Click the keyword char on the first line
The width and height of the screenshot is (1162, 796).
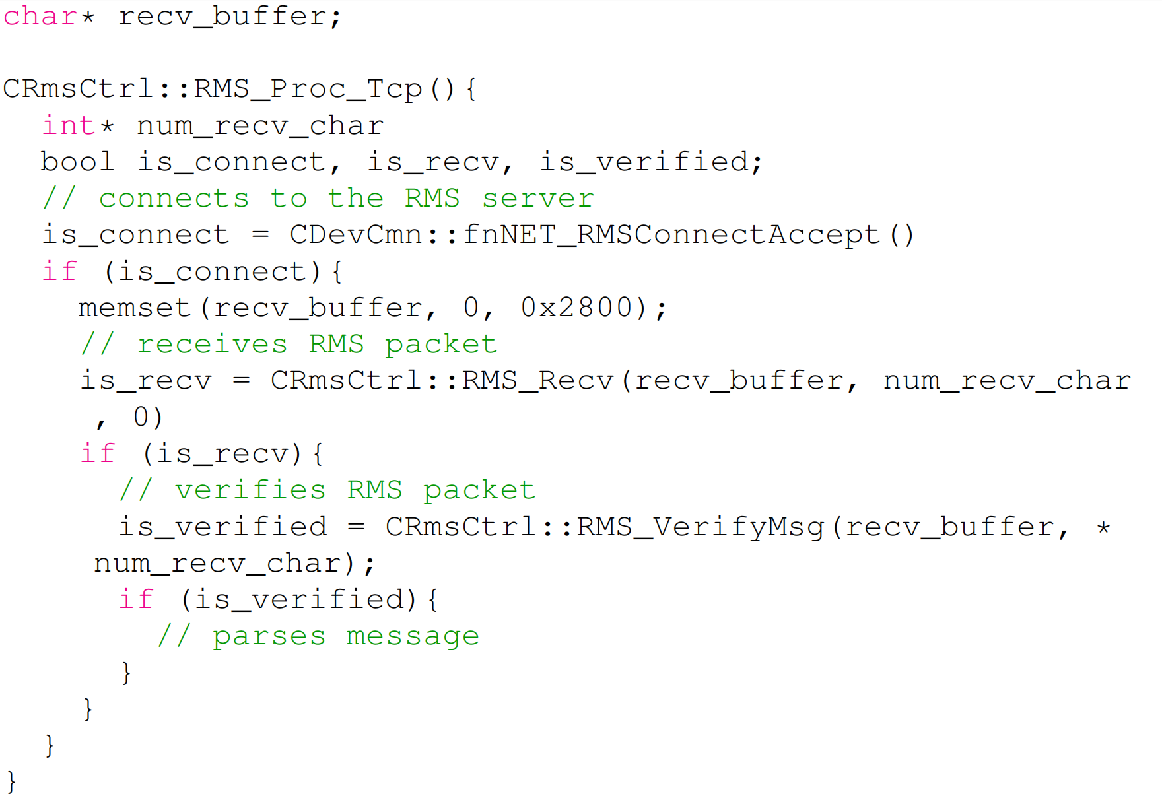click(40, 17)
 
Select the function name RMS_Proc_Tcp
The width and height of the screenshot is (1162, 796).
click(308, 89)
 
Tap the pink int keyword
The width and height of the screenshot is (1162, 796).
click(69, 125)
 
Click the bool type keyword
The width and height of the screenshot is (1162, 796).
click(77, 162)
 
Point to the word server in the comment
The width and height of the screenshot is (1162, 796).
click(537, 199)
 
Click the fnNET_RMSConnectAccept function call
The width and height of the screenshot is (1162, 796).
click(671, 235)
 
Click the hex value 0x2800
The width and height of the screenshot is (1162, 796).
click(576, 308)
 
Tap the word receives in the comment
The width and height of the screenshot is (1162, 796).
click(212, 345)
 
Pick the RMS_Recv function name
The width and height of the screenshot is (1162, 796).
click(537, 381)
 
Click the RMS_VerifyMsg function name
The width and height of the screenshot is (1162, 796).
click(700, 527)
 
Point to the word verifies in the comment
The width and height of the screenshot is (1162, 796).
click(250, 490)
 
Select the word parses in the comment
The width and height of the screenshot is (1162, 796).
click(269, 636)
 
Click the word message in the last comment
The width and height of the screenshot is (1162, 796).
click(413, 636)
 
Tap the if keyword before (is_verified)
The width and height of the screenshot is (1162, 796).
click(135, 599)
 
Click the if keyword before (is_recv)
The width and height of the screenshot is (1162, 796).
click(97, 453)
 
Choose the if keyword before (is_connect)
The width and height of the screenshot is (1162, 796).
click(59, 271)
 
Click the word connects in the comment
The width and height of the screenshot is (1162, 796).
click(174, 199)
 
